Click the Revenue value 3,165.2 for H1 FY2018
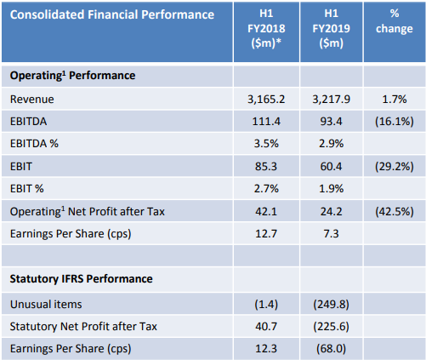pyautogui.click(x=266, y=100)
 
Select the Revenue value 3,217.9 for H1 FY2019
pyautogui.click(x=331, y=100)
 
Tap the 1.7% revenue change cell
pyautogui.click(x=395, y=100)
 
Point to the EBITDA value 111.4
pyautogui.click(x=266, y=122)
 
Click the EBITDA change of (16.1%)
pyautogui.click(x=395, y=122)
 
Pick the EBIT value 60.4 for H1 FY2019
pyautogui.click(x=331, y=166)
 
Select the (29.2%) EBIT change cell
pyautogui.click(x=395, y=166)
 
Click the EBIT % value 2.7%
pyautogui.click(x=266, y=189)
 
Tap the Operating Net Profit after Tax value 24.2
pyautogui.click(x=331, y=211)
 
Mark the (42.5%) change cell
pyautogui.click(x=395, y=211)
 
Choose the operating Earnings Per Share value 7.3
pyautogui.click(x=331, y=234)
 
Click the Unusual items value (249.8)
pyautogui.click(x=331, y=304)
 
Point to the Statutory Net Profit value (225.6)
pyautogui.click(x=331, y=326)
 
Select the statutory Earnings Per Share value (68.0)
pyautogui.click(x=331, y=349)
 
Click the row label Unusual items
pyautogui.click(x=46, y=304)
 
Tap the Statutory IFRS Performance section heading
pyautogui.click(x=82, y=279)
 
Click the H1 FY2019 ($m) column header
pyautogui.click(x=331, y=28)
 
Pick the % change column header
pyautogui.click(x=395, y=21)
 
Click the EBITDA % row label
pyautogui.click(x=34, y=144)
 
